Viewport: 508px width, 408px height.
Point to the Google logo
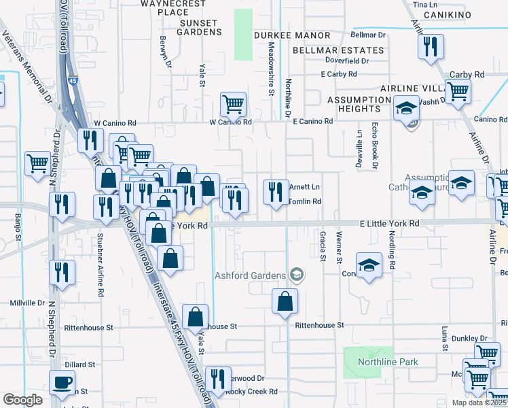pos(22,399)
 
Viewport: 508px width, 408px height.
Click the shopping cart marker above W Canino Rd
pos(232,105)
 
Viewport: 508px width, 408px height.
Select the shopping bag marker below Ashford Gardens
pos(285,300)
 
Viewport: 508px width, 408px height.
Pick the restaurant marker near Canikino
pos(430,46)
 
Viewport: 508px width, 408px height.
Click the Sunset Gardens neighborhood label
pos(200,27)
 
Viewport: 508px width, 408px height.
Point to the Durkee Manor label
pos(292,35)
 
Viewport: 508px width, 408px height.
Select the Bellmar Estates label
pos(339,50)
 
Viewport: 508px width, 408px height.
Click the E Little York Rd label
pos(390,223)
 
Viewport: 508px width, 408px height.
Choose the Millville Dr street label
pos(27,303)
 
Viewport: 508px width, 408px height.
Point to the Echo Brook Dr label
pos(374,145)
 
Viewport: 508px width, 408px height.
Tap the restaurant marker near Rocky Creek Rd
pos(217,378)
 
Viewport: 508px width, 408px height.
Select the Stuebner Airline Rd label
pos(100,256)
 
